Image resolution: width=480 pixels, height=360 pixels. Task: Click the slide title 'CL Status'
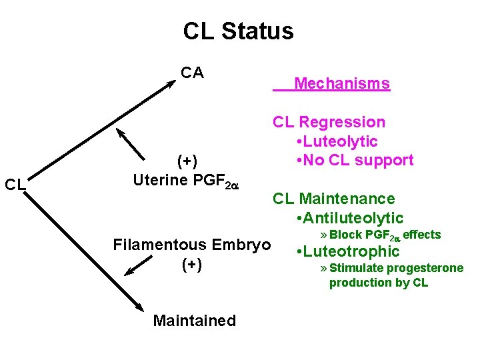pyautogui.click(x=238, y=31)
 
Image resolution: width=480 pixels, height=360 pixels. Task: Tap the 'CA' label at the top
pyautogui.click(x=192, y=73)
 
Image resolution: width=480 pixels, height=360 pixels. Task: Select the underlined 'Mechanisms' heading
pyautogui.click(x=341, y=84)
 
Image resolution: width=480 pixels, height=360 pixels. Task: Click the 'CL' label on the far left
pyautogui.click(x=15, y=184)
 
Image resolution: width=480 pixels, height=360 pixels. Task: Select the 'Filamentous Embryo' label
pyautogui.click(x=192, y=245)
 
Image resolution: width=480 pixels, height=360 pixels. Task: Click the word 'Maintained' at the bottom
pyautogui.click(x=194, y=321)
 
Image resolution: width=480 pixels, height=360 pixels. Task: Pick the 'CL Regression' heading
pyautogui.click(x=329, y=122)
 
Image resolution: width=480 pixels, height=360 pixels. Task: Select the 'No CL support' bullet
pyautogui.click(x=357, y=160)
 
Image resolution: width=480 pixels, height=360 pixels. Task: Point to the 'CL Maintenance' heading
pyautogui.click(x=333, y=199)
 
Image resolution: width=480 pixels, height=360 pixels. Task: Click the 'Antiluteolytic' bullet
pyautogui.click(x=352, y=218)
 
